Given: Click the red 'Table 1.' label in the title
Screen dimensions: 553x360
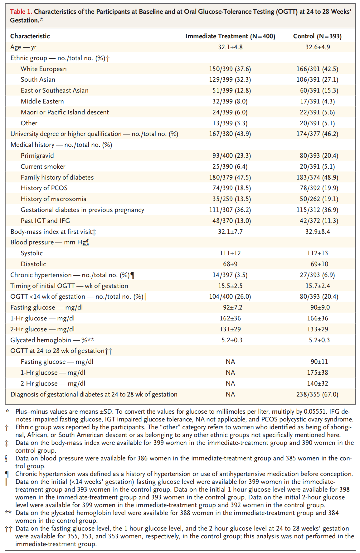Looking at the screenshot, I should click(x=21, y=12).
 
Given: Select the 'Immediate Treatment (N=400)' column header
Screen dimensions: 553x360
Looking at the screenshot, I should click(x=230, y=36).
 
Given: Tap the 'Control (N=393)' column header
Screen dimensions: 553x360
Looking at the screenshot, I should click(x=317, y=36).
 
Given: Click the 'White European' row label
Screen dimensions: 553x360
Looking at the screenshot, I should click(x=44, y=69).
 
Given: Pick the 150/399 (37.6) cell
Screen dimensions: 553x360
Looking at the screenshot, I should click(x=230, y=69).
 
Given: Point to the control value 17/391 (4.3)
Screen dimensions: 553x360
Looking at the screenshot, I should click(x=317, y=101).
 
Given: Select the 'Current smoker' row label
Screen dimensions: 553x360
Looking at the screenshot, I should click(x=43, y=166).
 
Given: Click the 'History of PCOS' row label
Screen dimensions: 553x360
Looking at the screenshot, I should click(x=44, y=188).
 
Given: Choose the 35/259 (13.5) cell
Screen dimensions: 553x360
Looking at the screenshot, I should click(x=230, y=199).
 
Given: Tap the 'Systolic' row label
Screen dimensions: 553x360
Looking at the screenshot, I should click(x=32, y=253).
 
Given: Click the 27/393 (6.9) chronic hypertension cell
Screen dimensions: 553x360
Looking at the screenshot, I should click(x=317, y=275).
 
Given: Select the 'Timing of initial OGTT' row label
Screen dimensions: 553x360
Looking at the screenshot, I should click(x=69, y=286).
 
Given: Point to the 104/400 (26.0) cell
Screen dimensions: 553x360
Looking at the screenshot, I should click(x=230, y=296).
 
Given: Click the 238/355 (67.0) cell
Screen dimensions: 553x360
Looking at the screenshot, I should click(x=317, y=394).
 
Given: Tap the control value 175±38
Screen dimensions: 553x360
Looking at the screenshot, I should click(x=317, y=373).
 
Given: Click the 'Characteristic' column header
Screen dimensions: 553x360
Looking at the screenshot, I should click(x=30, y=36).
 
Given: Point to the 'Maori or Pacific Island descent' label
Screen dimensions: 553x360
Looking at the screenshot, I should click(x=65, y=112).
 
